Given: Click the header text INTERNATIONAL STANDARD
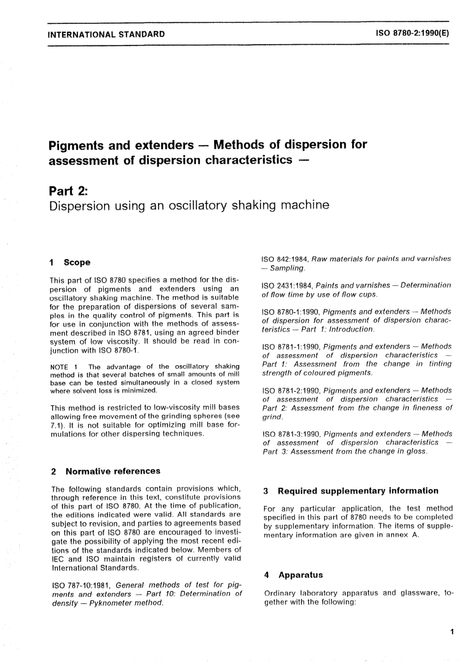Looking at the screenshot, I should tap(106, 34).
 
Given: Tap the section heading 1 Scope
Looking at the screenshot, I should tap(70, 262).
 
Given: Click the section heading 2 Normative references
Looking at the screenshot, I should tap(106, 471).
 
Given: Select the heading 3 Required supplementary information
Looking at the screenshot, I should tap(351, 491).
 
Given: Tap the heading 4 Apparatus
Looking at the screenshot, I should tap(293, 575).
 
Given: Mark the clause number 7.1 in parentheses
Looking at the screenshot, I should tap(57, 425).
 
